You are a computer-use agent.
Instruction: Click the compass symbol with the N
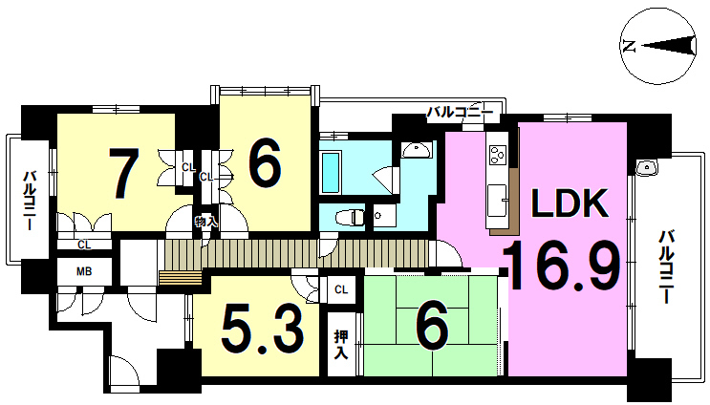[657, 46]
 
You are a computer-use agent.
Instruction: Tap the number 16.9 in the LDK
[562, 266]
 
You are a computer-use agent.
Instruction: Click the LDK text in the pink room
[570, 204]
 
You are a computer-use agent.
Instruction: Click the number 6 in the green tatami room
[432, 327]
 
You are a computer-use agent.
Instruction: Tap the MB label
[84, 271]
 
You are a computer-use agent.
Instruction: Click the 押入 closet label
[341, 345]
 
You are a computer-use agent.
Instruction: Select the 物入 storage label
[206, 222]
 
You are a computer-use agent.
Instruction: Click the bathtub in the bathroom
[330, 172]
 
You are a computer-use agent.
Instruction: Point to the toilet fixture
[351, 218]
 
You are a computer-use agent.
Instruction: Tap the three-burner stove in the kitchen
[497, 155]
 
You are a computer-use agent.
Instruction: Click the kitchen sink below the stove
[497, 199]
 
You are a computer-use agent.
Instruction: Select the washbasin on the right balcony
[646, 167]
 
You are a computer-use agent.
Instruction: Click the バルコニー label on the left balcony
[30, 200]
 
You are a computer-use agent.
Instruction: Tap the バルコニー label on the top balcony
[460, 112]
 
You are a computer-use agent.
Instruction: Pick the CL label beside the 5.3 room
[341, 289]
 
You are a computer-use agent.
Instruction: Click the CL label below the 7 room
[84, 245]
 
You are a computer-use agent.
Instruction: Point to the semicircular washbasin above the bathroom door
[416, 150]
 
